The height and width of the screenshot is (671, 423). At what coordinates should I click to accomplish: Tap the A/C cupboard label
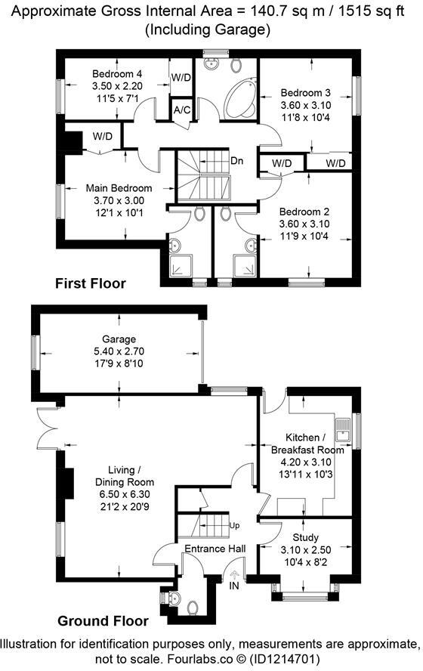[x=181, y=110]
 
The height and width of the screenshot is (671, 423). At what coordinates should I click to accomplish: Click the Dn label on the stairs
[x=236, y=161]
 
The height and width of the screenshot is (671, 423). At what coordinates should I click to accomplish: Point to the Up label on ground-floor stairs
[x=234, y=524]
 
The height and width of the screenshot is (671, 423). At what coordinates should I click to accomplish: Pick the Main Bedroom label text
[x=119, y=188]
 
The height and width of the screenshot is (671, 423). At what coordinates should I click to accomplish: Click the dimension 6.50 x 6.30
[x=125, y=494]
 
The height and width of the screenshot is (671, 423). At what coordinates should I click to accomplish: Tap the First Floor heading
[x=90, y=283]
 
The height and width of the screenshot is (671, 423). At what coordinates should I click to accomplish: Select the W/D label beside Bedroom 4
[x=181, y=77]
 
